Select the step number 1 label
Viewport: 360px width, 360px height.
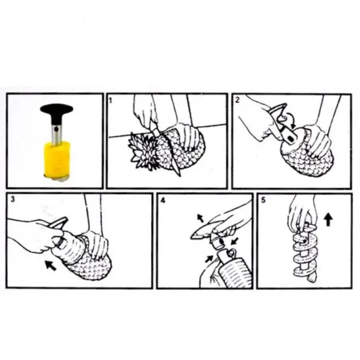pyautogui.click(x=111, y=100)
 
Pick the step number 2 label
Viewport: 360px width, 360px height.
pyautogui.click(x=238, y=100)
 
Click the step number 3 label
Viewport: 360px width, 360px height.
pyautogui.click(x=13, y=199)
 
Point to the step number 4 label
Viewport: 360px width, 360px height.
pyautogui.click(x=163, y=201)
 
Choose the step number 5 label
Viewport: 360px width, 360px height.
pyautogui.click(x=263, y=200)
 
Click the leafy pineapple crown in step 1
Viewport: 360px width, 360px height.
pyautogui.click(x=142, y=150)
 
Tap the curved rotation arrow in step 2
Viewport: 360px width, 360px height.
pyautogui.click(x=290, y=119)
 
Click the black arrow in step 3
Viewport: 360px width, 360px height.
pyautogui.click(x=51, y=265)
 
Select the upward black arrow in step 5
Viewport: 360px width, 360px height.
pyautogui.click(x=328, y=219)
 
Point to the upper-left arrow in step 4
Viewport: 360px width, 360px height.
pyautogui.click(x=200, y=218)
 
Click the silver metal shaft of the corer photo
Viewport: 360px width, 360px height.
pyautogui.click(x=56, y=134)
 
